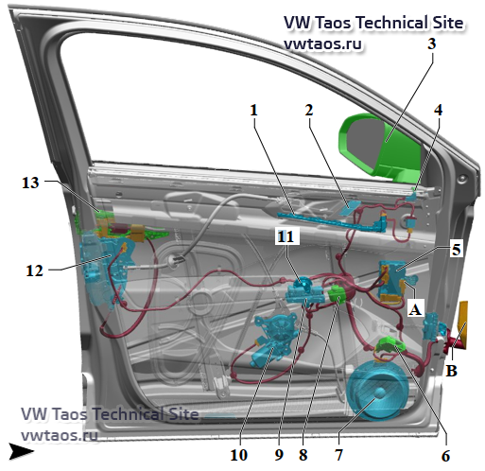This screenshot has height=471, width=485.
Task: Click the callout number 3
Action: tap(431, 44)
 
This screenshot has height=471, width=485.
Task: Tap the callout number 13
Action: tap(30, 183)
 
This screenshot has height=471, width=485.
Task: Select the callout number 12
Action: tap(34, 270)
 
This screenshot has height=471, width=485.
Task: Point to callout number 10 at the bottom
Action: tap(239, 455)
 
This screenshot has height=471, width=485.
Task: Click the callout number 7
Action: tap(338, 455)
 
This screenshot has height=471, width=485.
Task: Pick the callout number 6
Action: tap(445, 456)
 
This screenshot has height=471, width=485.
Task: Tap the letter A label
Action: tap(414, 309)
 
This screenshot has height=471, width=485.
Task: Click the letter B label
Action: tap(451, 371)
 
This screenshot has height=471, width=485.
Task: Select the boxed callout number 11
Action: tap(286, 236)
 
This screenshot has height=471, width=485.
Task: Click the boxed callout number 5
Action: tap(456, 250)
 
